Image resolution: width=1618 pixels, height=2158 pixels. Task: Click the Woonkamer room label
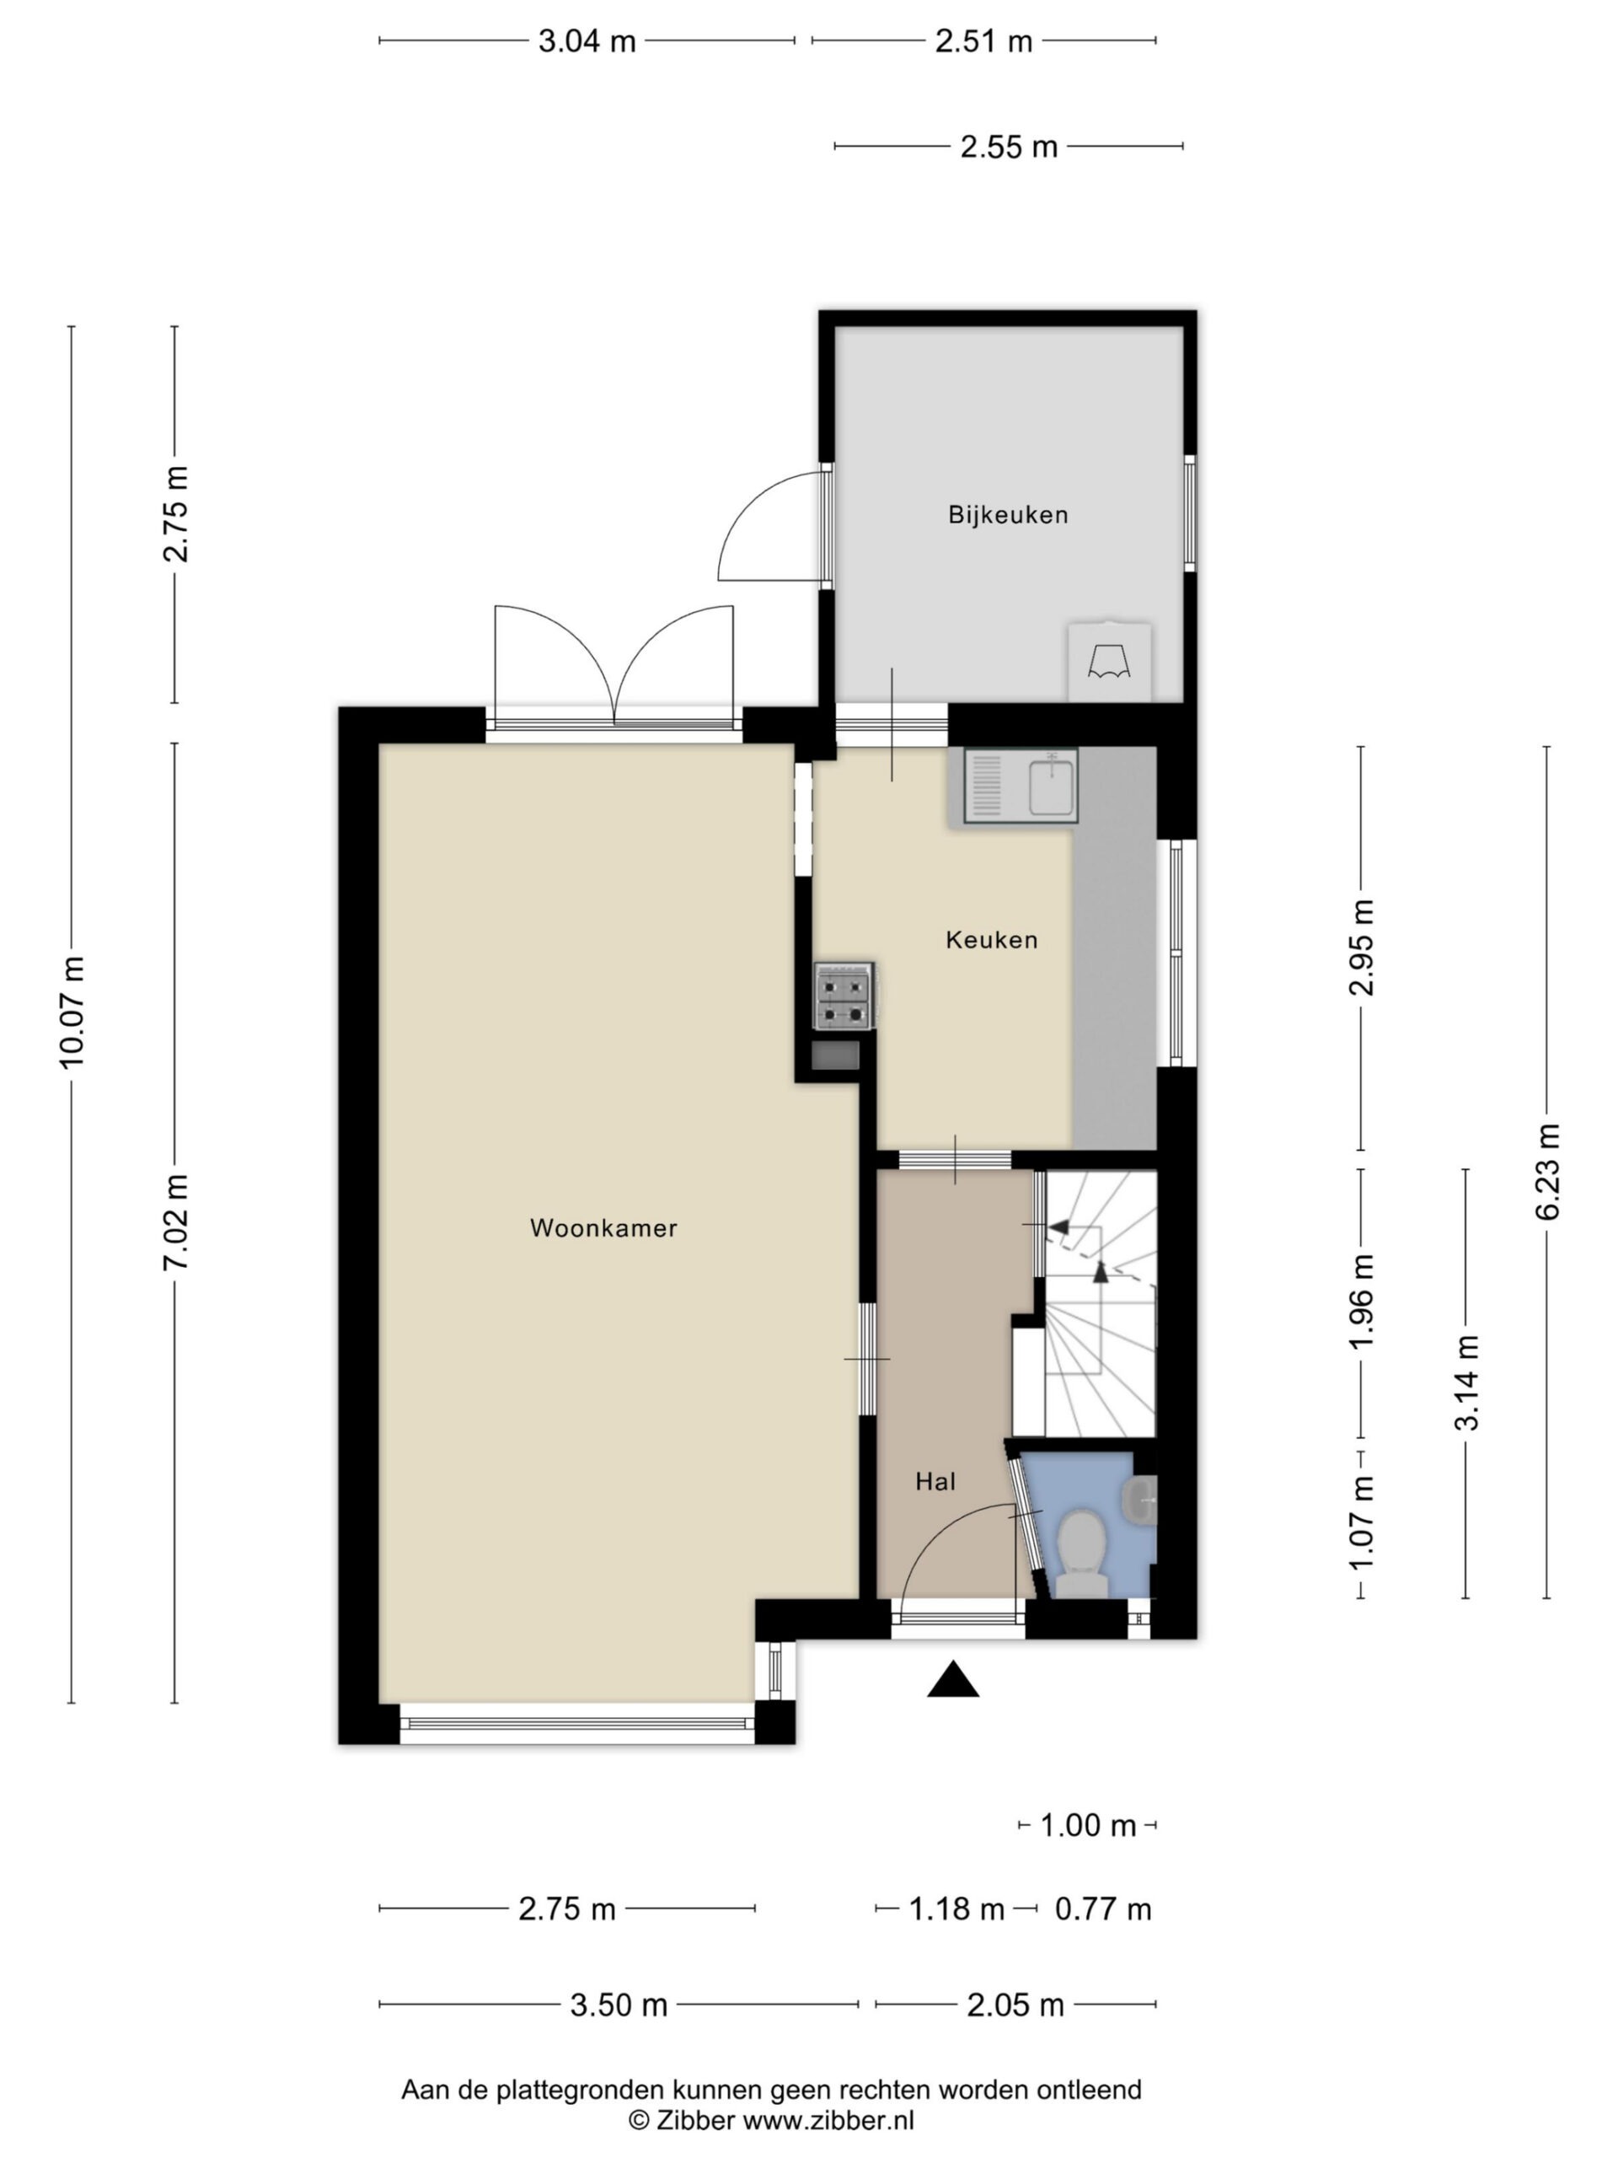(x=603, y=1228)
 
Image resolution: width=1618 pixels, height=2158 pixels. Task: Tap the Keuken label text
(x=991, y=940)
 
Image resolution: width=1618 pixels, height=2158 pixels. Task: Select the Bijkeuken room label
(x=1008, y=514)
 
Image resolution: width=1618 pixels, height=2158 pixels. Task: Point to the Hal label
(x=935, y=1482)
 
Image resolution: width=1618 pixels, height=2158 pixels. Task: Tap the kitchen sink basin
(x=1052, y=787)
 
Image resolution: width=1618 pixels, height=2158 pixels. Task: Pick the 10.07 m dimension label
(x=72, y=1012)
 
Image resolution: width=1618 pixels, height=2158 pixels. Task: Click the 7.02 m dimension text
(x=176, y=1221)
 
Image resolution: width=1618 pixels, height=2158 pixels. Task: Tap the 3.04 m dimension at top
(x=587, y=41)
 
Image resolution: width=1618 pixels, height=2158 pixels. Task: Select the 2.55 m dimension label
(x=1009, y=147)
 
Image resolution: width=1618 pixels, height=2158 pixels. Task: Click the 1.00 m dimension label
(x=1087, y=1824)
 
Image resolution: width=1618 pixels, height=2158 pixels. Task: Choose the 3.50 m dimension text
(x=619, y=2005)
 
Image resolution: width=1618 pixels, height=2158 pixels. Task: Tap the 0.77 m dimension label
(x=1103, y=1908)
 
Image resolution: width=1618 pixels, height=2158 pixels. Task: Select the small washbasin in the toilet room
(x=1140, y=1500)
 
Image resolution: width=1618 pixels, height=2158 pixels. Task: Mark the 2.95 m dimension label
(x=1362, y=947)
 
